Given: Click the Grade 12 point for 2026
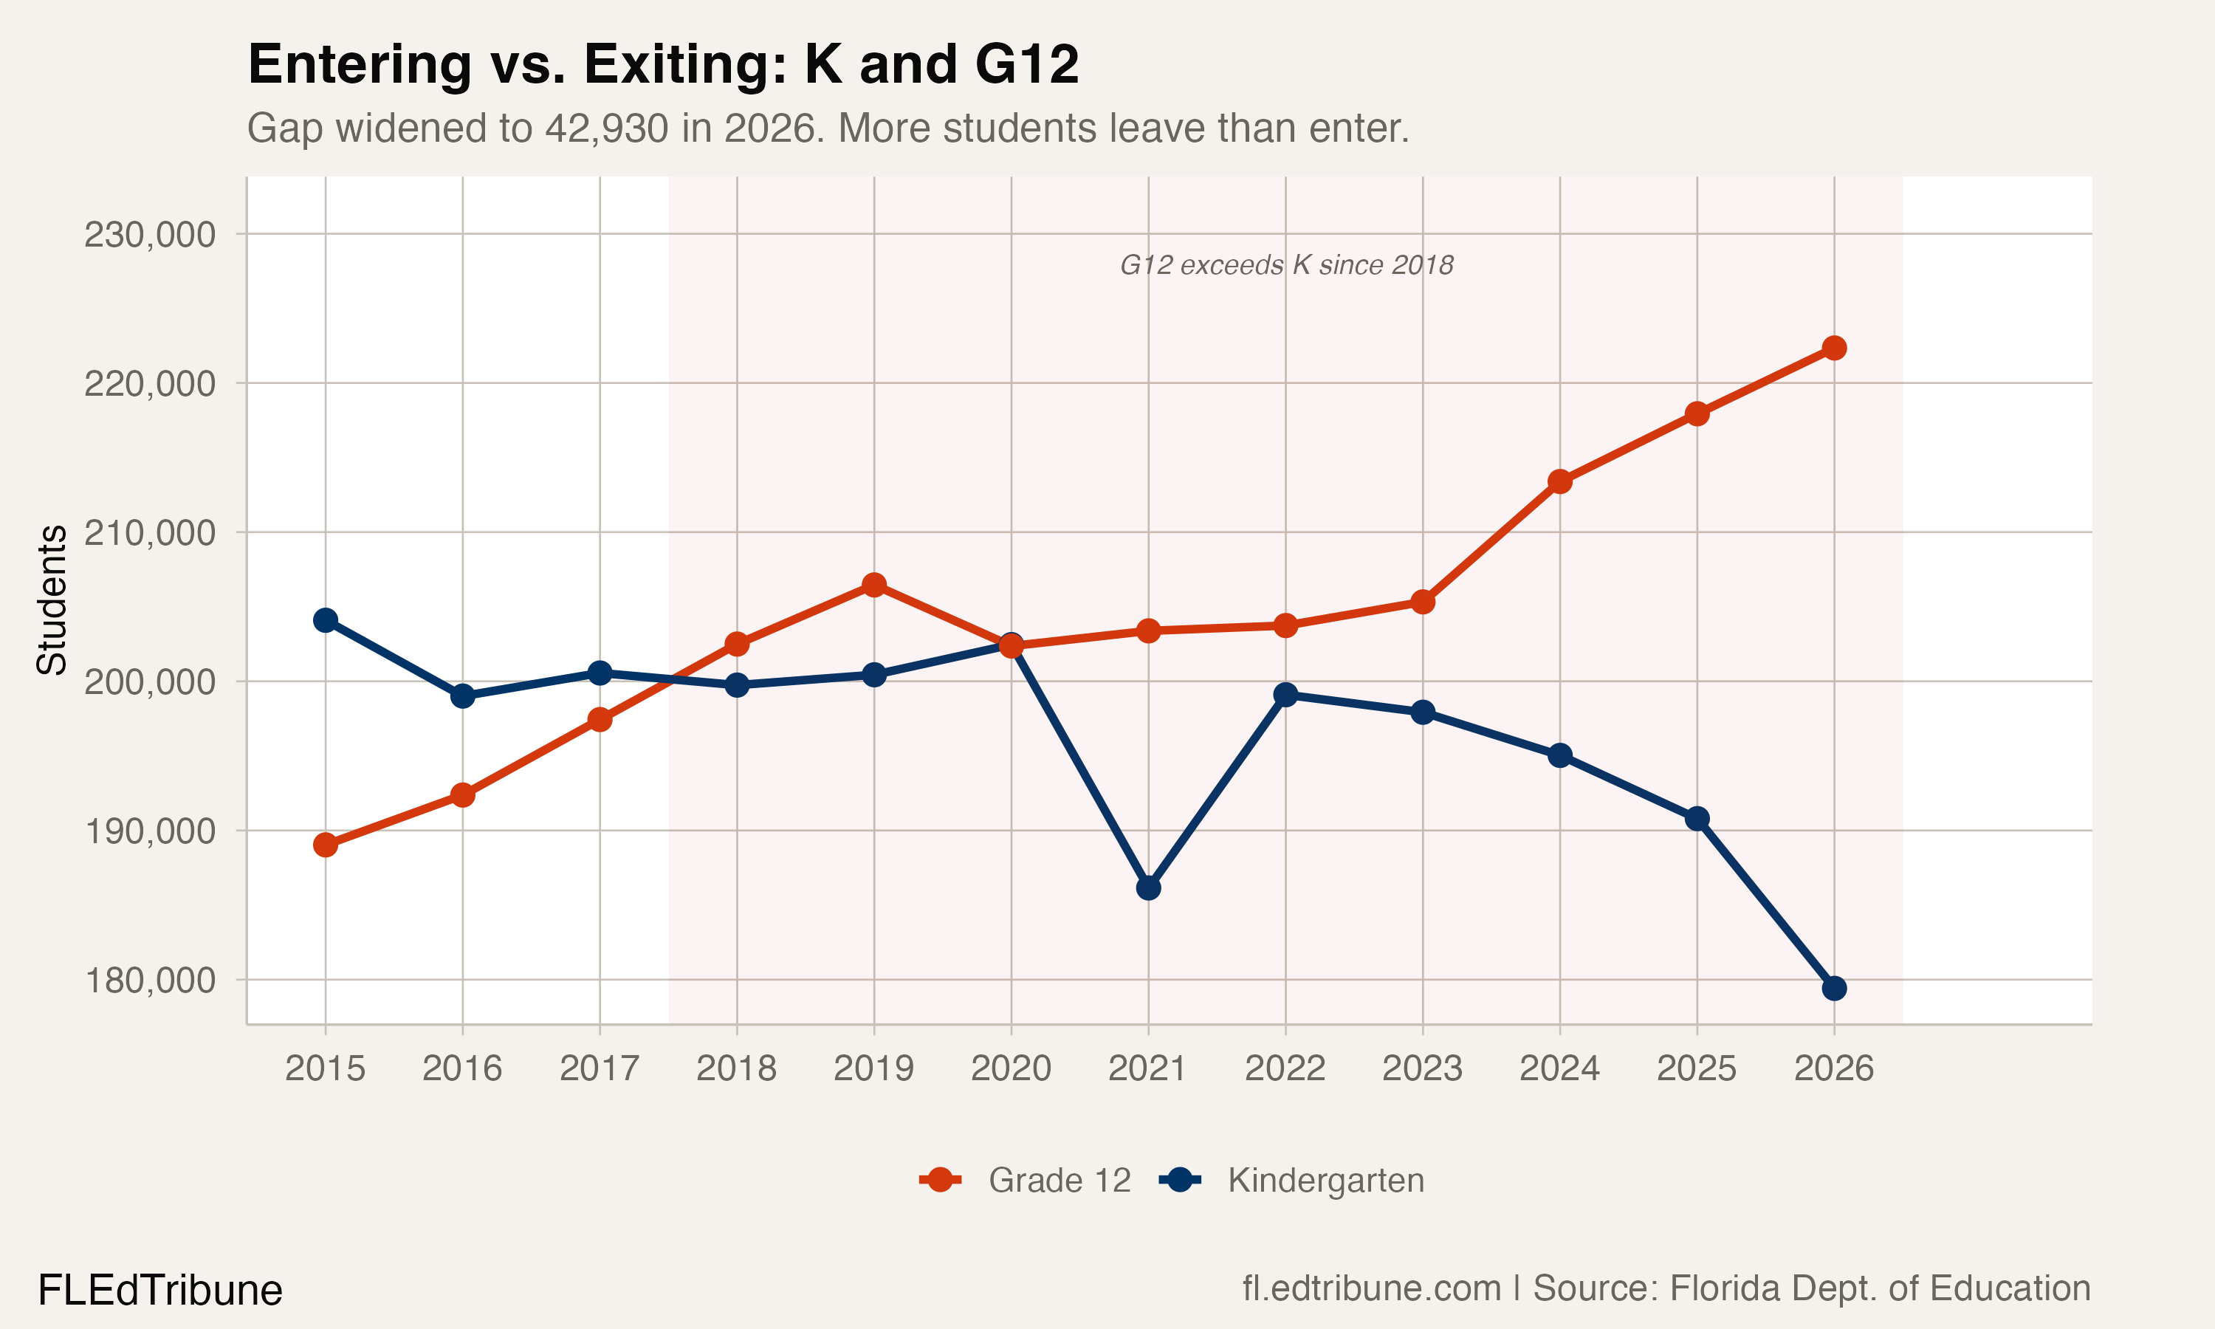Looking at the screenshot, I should click(1833, 348).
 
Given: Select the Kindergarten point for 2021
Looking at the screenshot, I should click(1149, 887).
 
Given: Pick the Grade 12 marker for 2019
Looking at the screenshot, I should click(874, 585).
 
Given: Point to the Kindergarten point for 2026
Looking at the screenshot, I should click(1833, 988).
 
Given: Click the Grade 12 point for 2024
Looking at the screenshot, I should click(1559, 481).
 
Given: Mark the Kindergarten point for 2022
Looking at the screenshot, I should click(1285, 694).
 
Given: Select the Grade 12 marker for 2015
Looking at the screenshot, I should click(325, 845).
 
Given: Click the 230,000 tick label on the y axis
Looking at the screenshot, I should click(150, 235).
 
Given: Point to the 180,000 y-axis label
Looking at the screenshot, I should click(150, 981).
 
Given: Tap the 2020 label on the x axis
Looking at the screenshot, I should click(1011, 1068).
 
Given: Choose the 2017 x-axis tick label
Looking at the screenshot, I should click(599, 1068).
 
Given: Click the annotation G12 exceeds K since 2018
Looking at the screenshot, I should click(1287, 265).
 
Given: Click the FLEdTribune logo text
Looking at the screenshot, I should click(160, 1291).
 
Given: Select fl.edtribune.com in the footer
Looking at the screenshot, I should click(1371, 1288).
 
